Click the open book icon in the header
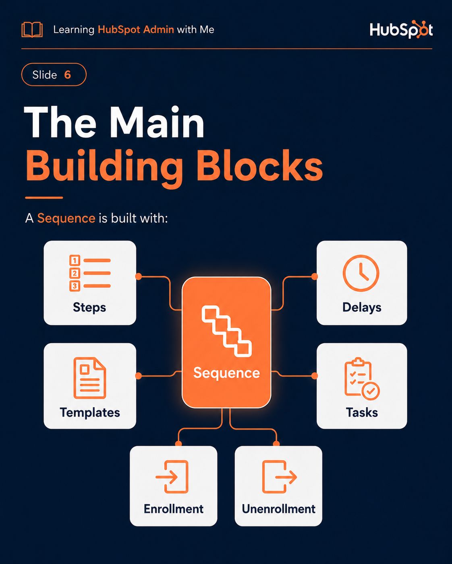[x=32, y=30]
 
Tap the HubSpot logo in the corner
[x=401, y=29]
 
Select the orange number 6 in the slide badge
[x=67, y=75]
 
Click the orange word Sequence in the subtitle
[x=66, y=218]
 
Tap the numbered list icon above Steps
[x=90, y=273]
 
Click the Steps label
[x=89, y=307]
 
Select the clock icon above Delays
[x=361, y=273]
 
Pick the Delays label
[x=362, y=307]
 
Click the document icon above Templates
[x=90, y=378]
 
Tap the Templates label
[x=90, y=412]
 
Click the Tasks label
[x=362, y=412]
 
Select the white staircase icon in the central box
[x=226, y=331]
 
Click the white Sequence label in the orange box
[x=226, y=373]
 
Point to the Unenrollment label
[x=278, y=509]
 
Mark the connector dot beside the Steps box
[x=138, y=276]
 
